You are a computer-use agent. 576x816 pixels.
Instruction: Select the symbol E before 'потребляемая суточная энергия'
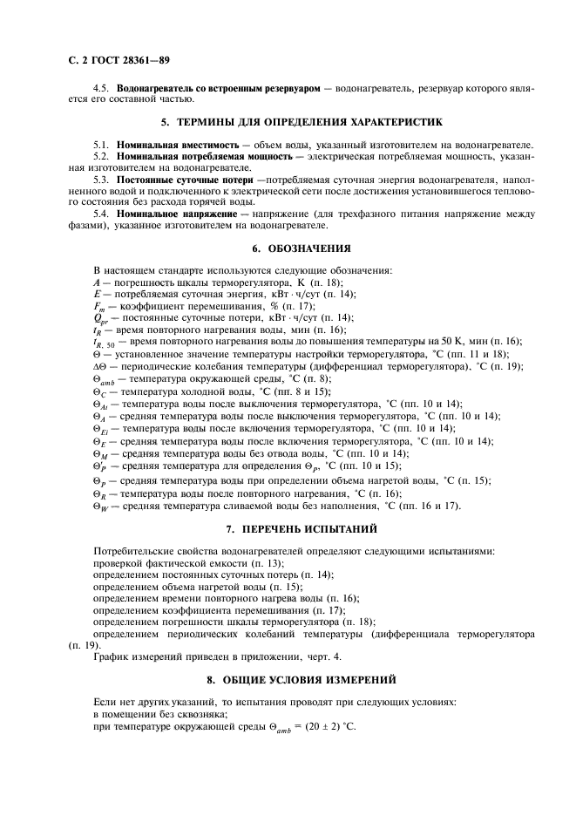[x=96, y=295]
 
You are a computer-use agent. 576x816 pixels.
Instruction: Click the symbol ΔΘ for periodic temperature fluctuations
[x=99, y=367]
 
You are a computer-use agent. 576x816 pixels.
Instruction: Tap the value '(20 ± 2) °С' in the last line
[x=327, y=727]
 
